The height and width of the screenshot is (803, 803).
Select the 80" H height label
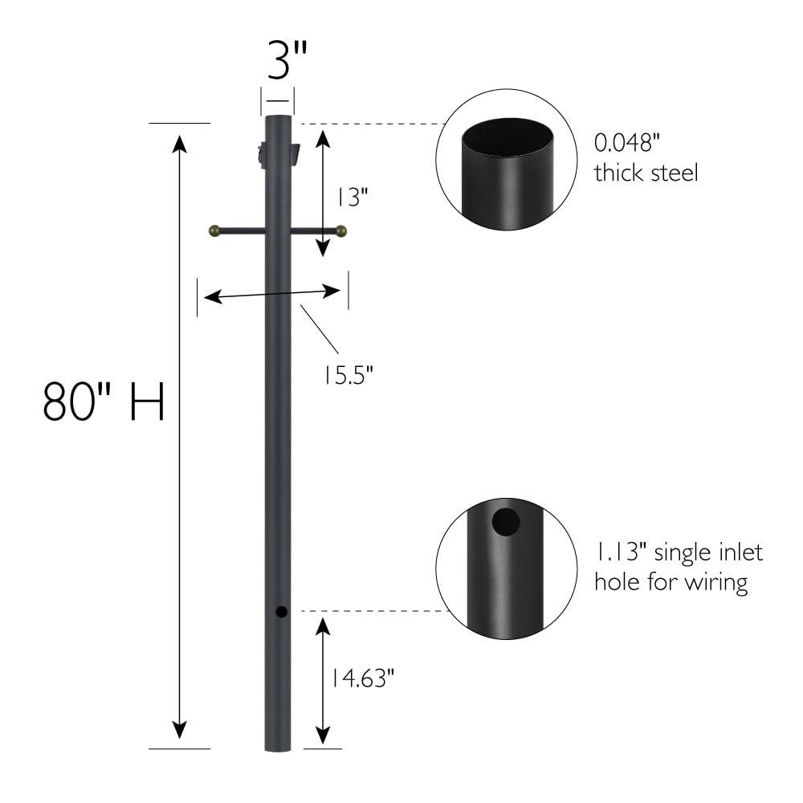pos(104,401)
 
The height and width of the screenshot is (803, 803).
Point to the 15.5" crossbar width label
pos(349,374)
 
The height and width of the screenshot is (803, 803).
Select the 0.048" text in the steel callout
pos(626,144)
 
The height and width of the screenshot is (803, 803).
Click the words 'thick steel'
pos(645,172)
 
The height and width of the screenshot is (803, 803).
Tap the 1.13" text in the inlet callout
pos(622,552)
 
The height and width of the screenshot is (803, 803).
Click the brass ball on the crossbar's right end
pos(341,231)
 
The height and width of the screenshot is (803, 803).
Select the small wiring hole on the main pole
pos(281,613)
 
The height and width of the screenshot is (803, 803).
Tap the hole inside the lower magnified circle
pos(506,523)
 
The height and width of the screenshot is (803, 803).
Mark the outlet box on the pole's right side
pos(295,153)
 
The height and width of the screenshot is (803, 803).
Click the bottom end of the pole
pos(278,746)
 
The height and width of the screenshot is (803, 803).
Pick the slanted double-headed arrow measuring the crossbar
pos(273,294)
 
